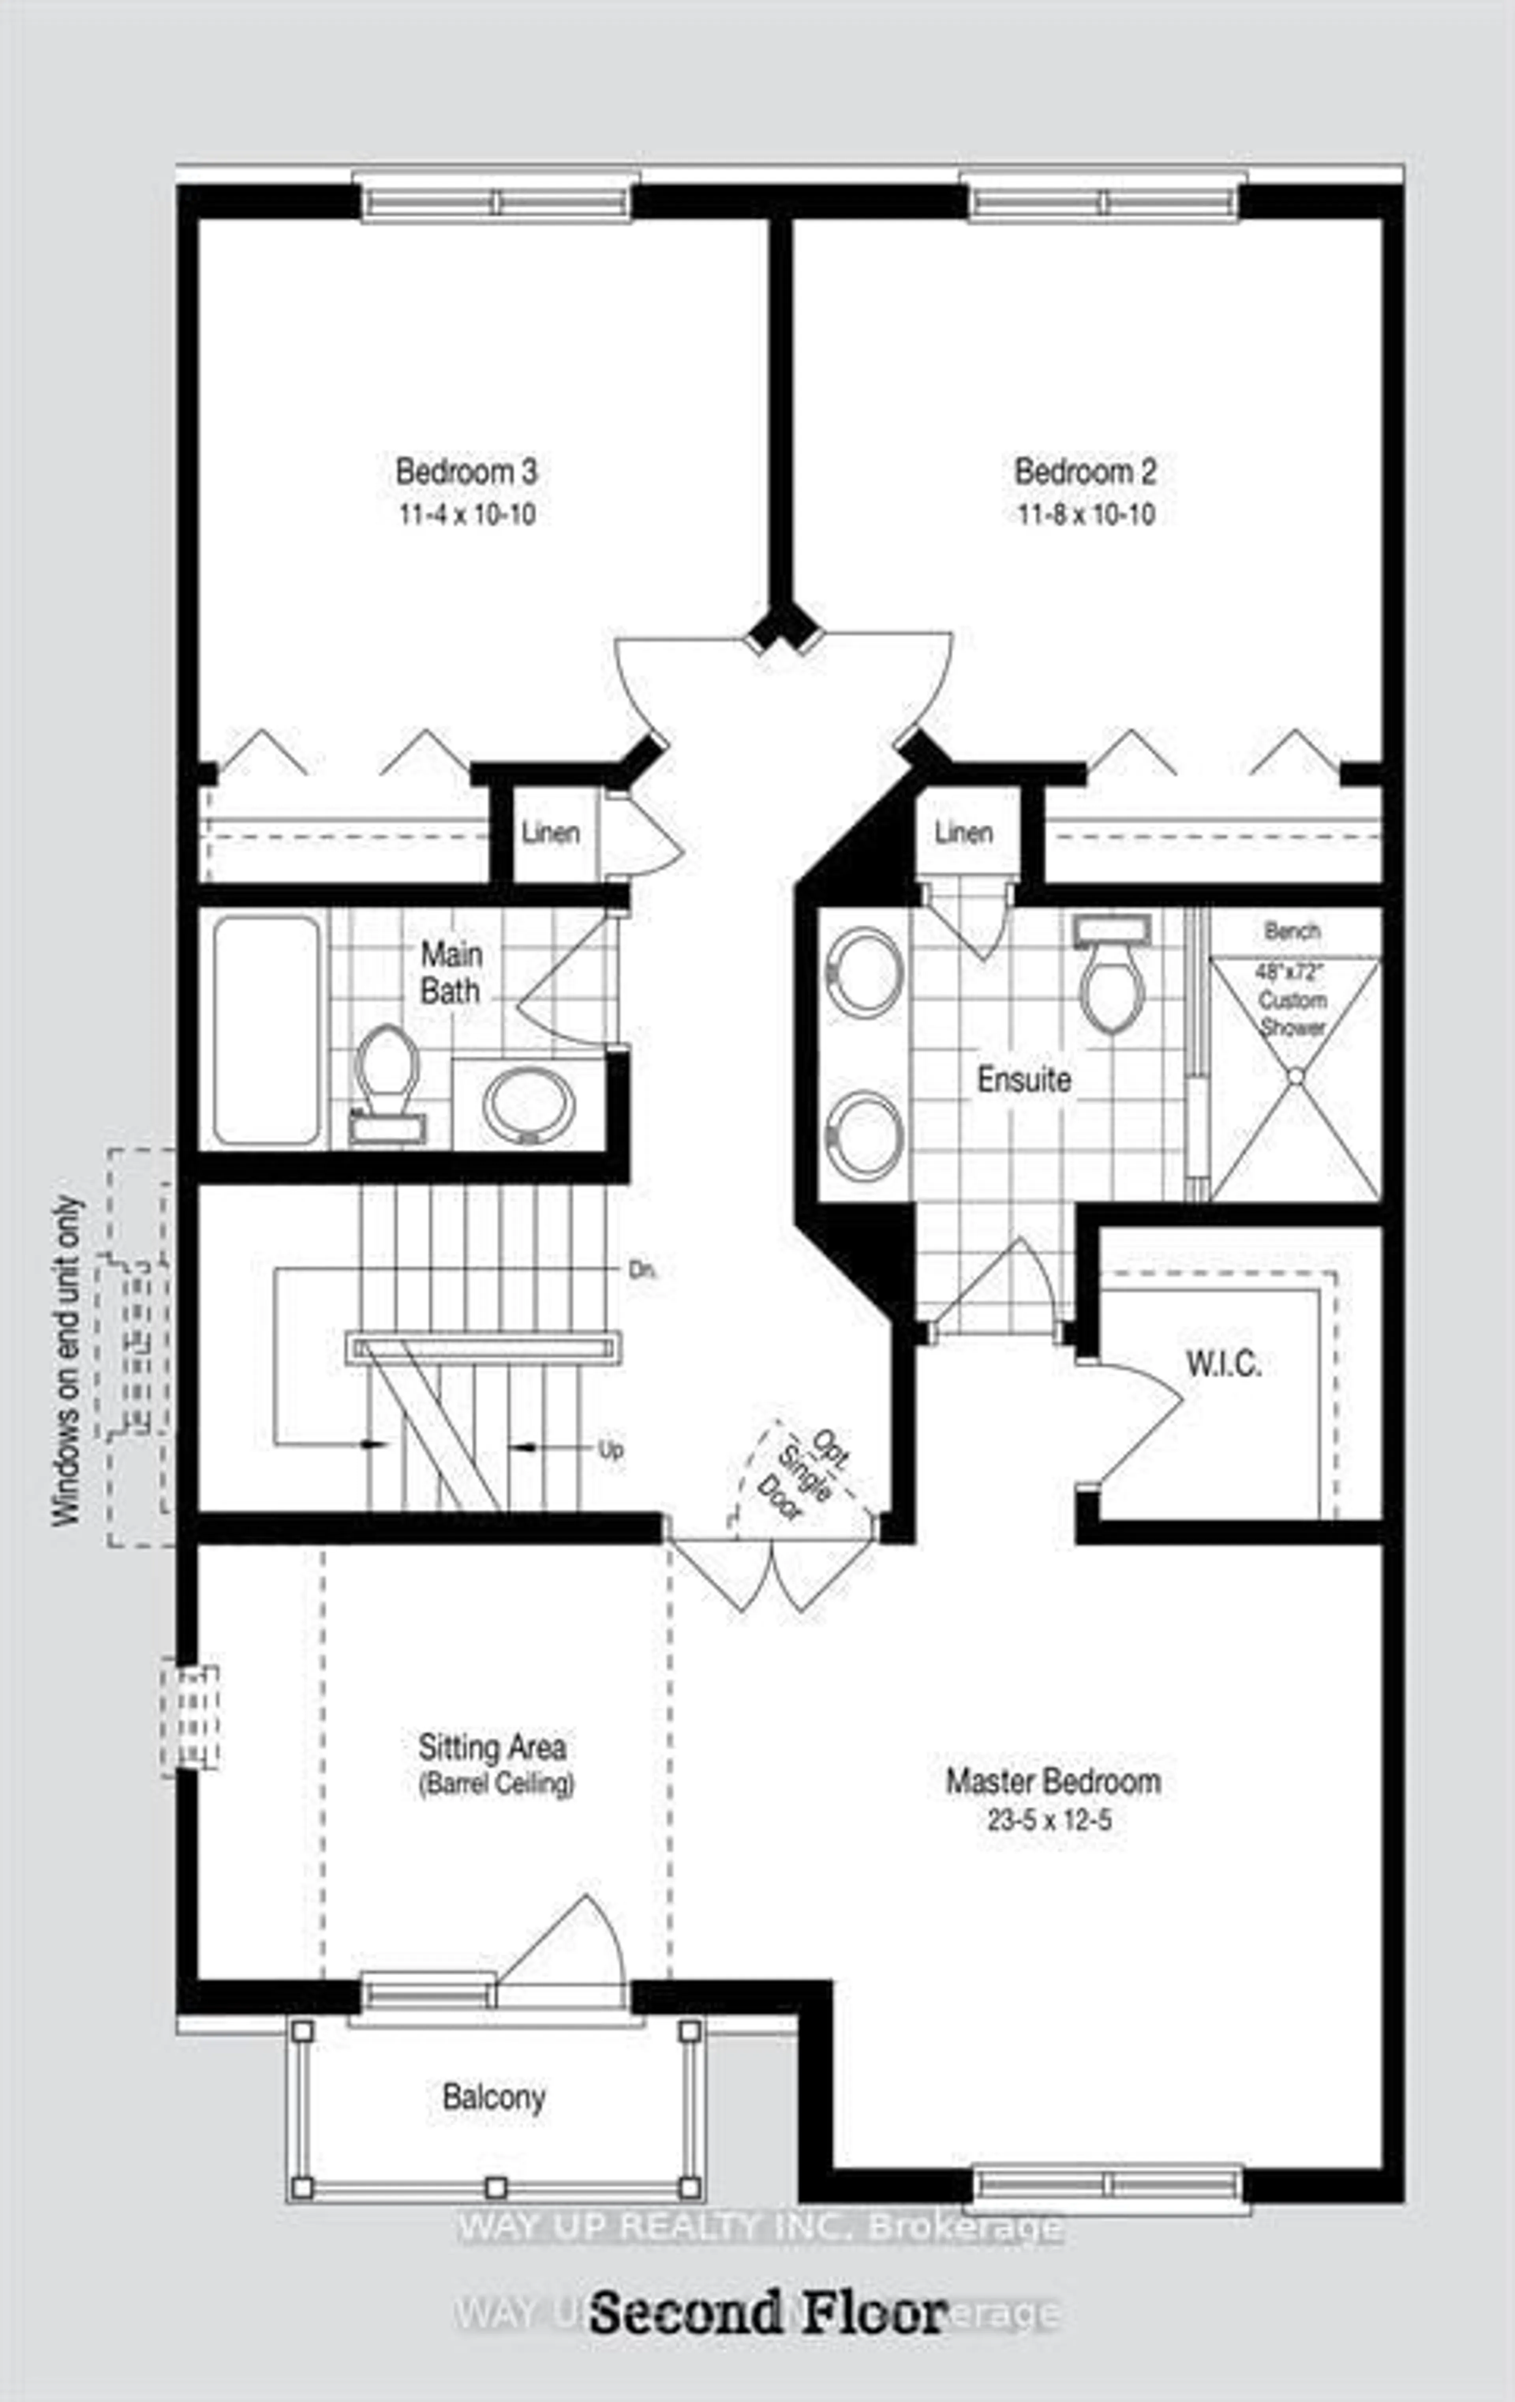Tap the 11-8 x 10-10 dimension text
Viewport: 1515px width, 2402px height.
(x=1086, y=515)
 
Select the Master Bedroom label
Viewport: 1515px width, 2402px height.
(x=1053, y=1781)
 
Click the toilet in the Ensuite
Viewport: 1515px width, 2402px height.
(x=1112, y=978)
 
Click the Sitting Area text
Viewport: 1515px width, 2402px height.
(x=492, y=1748)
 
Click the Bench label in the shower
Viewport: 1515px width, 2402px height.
(x=1292, y=931)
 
